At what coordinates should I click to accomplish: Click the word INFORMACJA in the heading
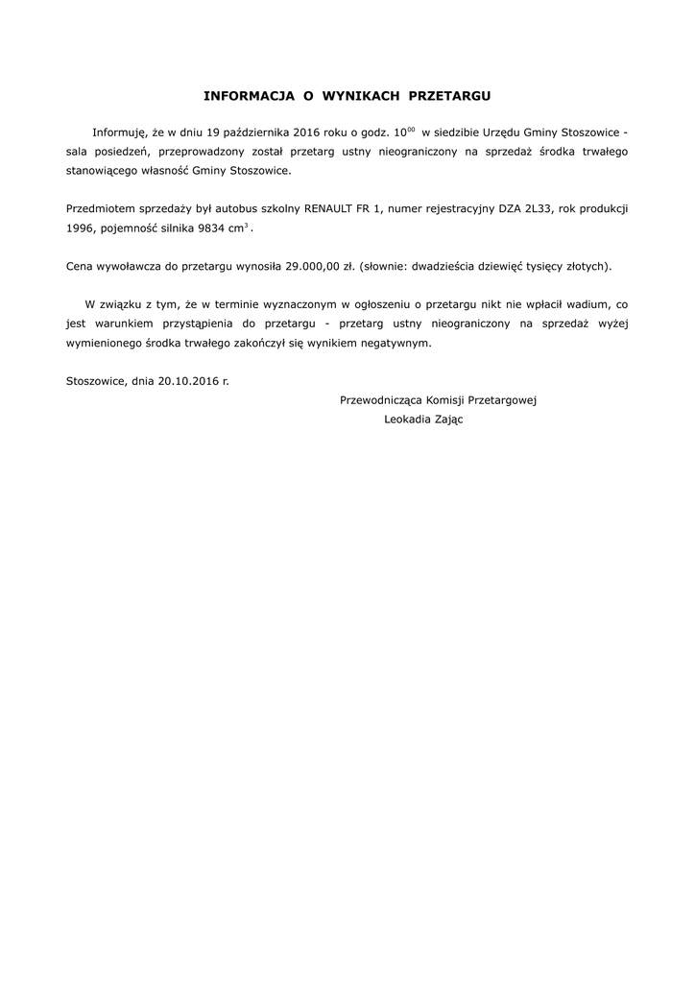point(245,97)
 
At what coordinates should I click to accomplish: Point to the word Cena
point(81,265)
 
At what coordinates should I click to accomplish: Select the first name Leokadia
point(407,420)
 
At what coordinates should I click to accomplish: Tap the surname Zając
point(449,420)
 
